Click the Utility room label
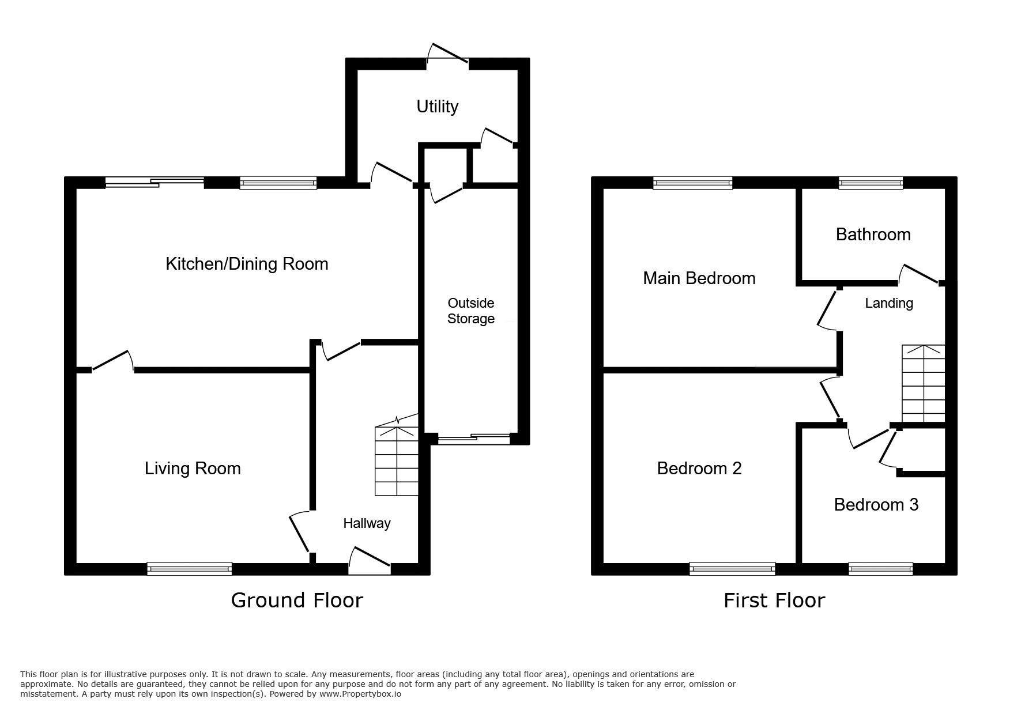[437, 107]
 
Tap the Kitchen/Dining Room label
[247, 264]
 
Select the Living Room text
[193, 469]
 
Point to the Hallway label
[367, 523]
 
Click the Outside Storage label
[471, 311]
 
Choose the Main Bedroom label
[699, 278]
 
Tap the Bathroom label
[873, 235]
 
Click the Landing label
[889, 303]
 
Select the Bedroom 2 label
[699, 468]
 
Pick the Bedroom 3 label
[876, 505]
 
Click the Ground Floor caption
[297, 600]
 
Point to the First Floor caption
[774, 600]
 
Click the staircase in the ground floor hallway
[397, 460]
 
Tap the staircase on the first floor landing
[924, 384]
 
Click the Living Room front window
[190, 569]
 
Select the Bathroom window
[871, 183]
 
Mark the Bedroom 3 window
[881, 569]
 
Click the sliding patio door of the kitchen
[155, 183]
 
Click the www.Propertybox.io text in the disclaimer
[360, 694]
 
